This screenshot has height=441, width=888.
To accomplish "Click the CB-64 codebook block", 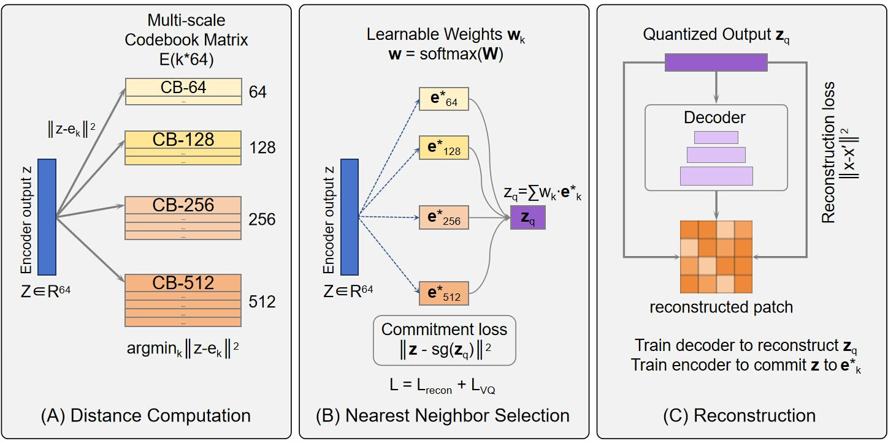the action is click(183, 91).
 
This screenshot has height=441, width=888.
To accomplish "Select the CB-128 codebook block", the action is click(183, 148).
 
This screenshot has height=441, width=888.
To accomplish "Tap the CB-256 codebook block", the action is click(183, 217).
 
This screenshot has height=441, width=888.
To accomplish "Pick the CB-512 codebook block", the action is click(183, 301).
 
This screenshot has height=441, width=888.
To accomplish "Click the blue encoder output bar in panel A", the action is click(47, 217).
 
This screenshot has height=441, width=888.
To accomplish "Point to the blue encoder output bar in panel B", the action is click(350, 217).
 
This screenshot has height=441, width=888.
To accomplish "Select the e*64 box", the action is click(444, 99).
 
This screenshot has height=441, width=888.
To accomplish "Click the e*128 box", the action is click(444, 148).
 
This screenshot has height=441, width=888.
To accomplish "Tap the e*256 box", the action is click(444, 217).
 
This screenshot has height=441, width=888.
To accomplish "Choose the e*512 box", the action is click(444, 293).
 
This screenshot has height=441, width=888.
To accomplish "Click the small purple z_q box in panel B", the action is click(527, 217).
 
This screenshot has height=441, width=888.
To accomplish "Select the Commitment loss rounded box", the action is click(445, 341).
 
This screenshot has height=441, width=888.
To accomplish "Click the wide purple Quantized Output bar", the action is click(716, 62).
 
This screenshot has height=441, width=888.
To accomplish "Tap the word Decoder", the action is click(714, 117).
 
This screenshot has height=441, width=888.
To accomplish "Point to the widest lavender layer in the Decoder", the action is click(716, 176).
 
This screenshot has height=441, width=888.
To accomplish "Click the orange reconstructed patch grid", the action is click(716, 257).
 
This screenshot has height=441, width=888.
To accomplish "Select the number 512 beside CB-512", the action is click(262, 301).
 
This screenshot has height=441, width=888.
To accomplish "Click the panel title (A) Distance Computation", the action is click(146, 416).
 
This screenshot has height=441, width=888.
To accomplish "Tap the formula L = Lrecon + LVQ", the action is click(442, 385).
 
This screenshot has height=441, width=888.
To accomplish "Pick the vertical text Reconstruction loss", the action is click(829, 153).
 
